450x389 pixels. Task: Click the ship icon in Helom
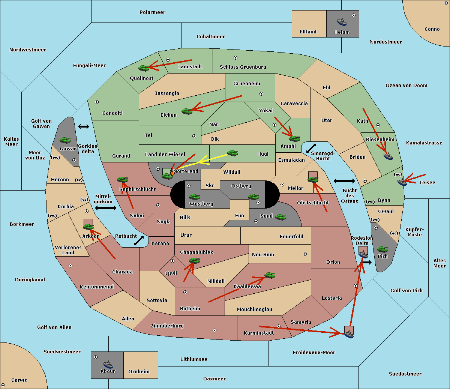click(x=342, y=22)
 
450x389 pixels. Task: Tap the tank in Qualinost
click(x=144, y=68)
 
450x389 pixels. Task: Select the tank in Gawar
click(x=65, y=140)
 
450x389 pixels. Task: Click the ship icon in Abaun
click(x=108, y=365)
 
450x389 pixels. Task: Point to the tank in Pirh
click(x=382, y=249)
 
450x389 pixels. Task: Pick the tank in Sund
click(x=280, y=217)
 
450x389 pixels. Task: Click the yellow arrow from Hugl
click(x=213, y=159)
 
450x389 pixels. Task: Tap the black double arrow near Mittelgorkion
click(x=106, y=208)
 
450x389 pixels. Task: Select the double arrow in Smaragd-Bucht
click(x=311, y=148)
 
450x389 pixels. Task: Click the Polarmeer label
click(x=152, y=12)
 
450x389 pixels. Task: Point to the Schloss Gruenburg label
click(x=243, y=67)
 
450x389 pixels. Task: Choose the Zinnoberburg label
click(x=167, y=326)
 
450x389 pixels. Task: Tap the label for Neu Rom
click(x=263, y=254)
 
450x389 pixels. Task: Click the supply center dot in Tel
click(x=194, y=136)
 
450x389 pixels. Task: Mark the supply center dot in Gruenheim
click(x=261, y=94)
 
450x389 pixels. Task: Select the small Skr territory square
click(x=210, y=179)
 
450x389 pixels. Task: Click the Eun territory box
click(x=240, y=210)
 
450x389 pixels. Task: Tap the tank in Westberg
click(x=194, y=197)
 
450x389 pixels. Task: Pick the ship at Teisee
click(x=402, y=182)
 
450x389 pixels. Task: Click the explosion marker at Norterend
click(x=172, y=173)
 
